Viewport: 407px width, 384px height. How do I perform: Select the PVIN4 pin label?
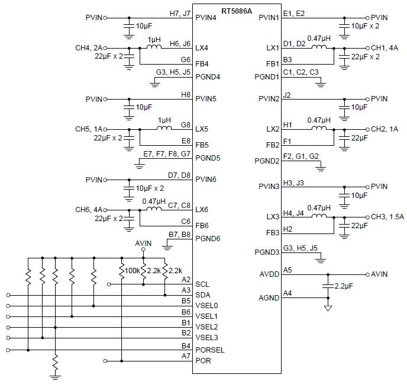coord(206,18)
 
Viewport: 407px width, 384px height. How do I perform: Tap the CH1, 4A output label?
coord(385,47)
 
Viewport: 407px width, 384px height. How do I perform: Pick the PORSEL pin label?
coord(210,350)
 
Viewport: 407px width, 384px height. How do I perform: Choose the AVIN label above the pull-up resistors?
coord(143,244)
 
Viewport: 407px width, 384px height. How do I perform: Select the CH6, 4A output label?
coord(89,210)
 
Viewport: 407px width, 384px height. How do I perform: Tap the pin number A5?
coord(288,270)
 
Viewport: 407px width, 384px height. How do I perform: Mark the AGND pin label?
coord(269,297)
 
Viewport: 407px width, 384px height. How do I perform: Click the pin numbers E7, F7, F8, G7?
coord(167,153)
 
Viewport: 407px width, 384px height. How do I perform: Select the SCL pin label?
coord(202,284)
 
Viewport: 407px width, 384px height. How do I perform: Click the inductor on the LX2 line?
coord(319,128)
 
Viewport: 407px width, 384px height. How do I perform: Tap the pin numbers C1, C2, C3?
coord(301,72)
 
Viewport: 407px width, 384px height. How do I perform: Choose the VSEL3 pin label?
coord(206,338)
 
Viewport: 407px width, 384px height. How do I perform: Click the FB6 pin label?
coord(202,226)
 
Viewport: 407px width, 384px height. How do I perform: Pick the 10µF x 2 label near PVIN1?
coord(366,27)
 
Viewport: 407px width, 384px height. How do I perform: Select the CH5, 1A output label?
coord(89,129)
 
